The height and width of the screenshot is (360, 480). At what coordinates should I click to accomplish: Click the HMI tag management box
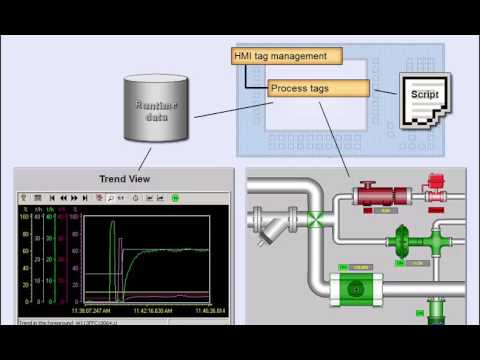tap(287, 57)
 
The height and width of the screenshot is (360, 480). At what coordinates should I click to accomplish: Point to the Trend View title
tap(124, 179)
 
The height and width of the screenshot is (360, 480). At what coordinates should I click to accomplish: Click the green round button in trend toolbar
tap(175, 198)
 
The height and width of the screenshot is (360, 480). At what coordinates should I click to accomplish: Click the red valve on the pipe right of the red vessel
tap(434, 192)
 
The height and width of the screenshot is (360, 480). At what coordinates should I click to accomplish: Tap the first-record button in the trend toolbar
tap(52, 198)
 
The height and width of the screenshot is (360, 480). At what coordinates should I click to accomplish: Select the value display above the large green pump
tap(358, 267)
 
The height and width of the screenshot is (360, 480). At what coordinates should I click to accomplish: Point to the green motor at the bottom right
tap(436, 315)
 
